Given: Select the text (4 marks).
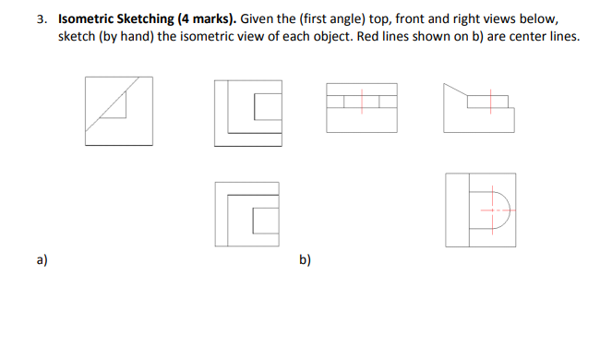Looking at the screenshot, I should pyautogui.click(x=206, y=18).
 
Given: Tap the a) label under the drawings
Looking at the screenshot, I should pyautogui.click(x=42, y=260).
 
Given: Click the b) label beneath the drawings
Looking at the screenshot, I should pyautogui.click(x=305, y=260).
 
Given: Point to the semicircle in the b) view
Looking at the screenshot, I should pyautogui.click(x=502, y=210).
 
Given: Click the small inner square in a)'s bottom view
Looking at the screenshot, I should pyautogui.click(x=265, y=220).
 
